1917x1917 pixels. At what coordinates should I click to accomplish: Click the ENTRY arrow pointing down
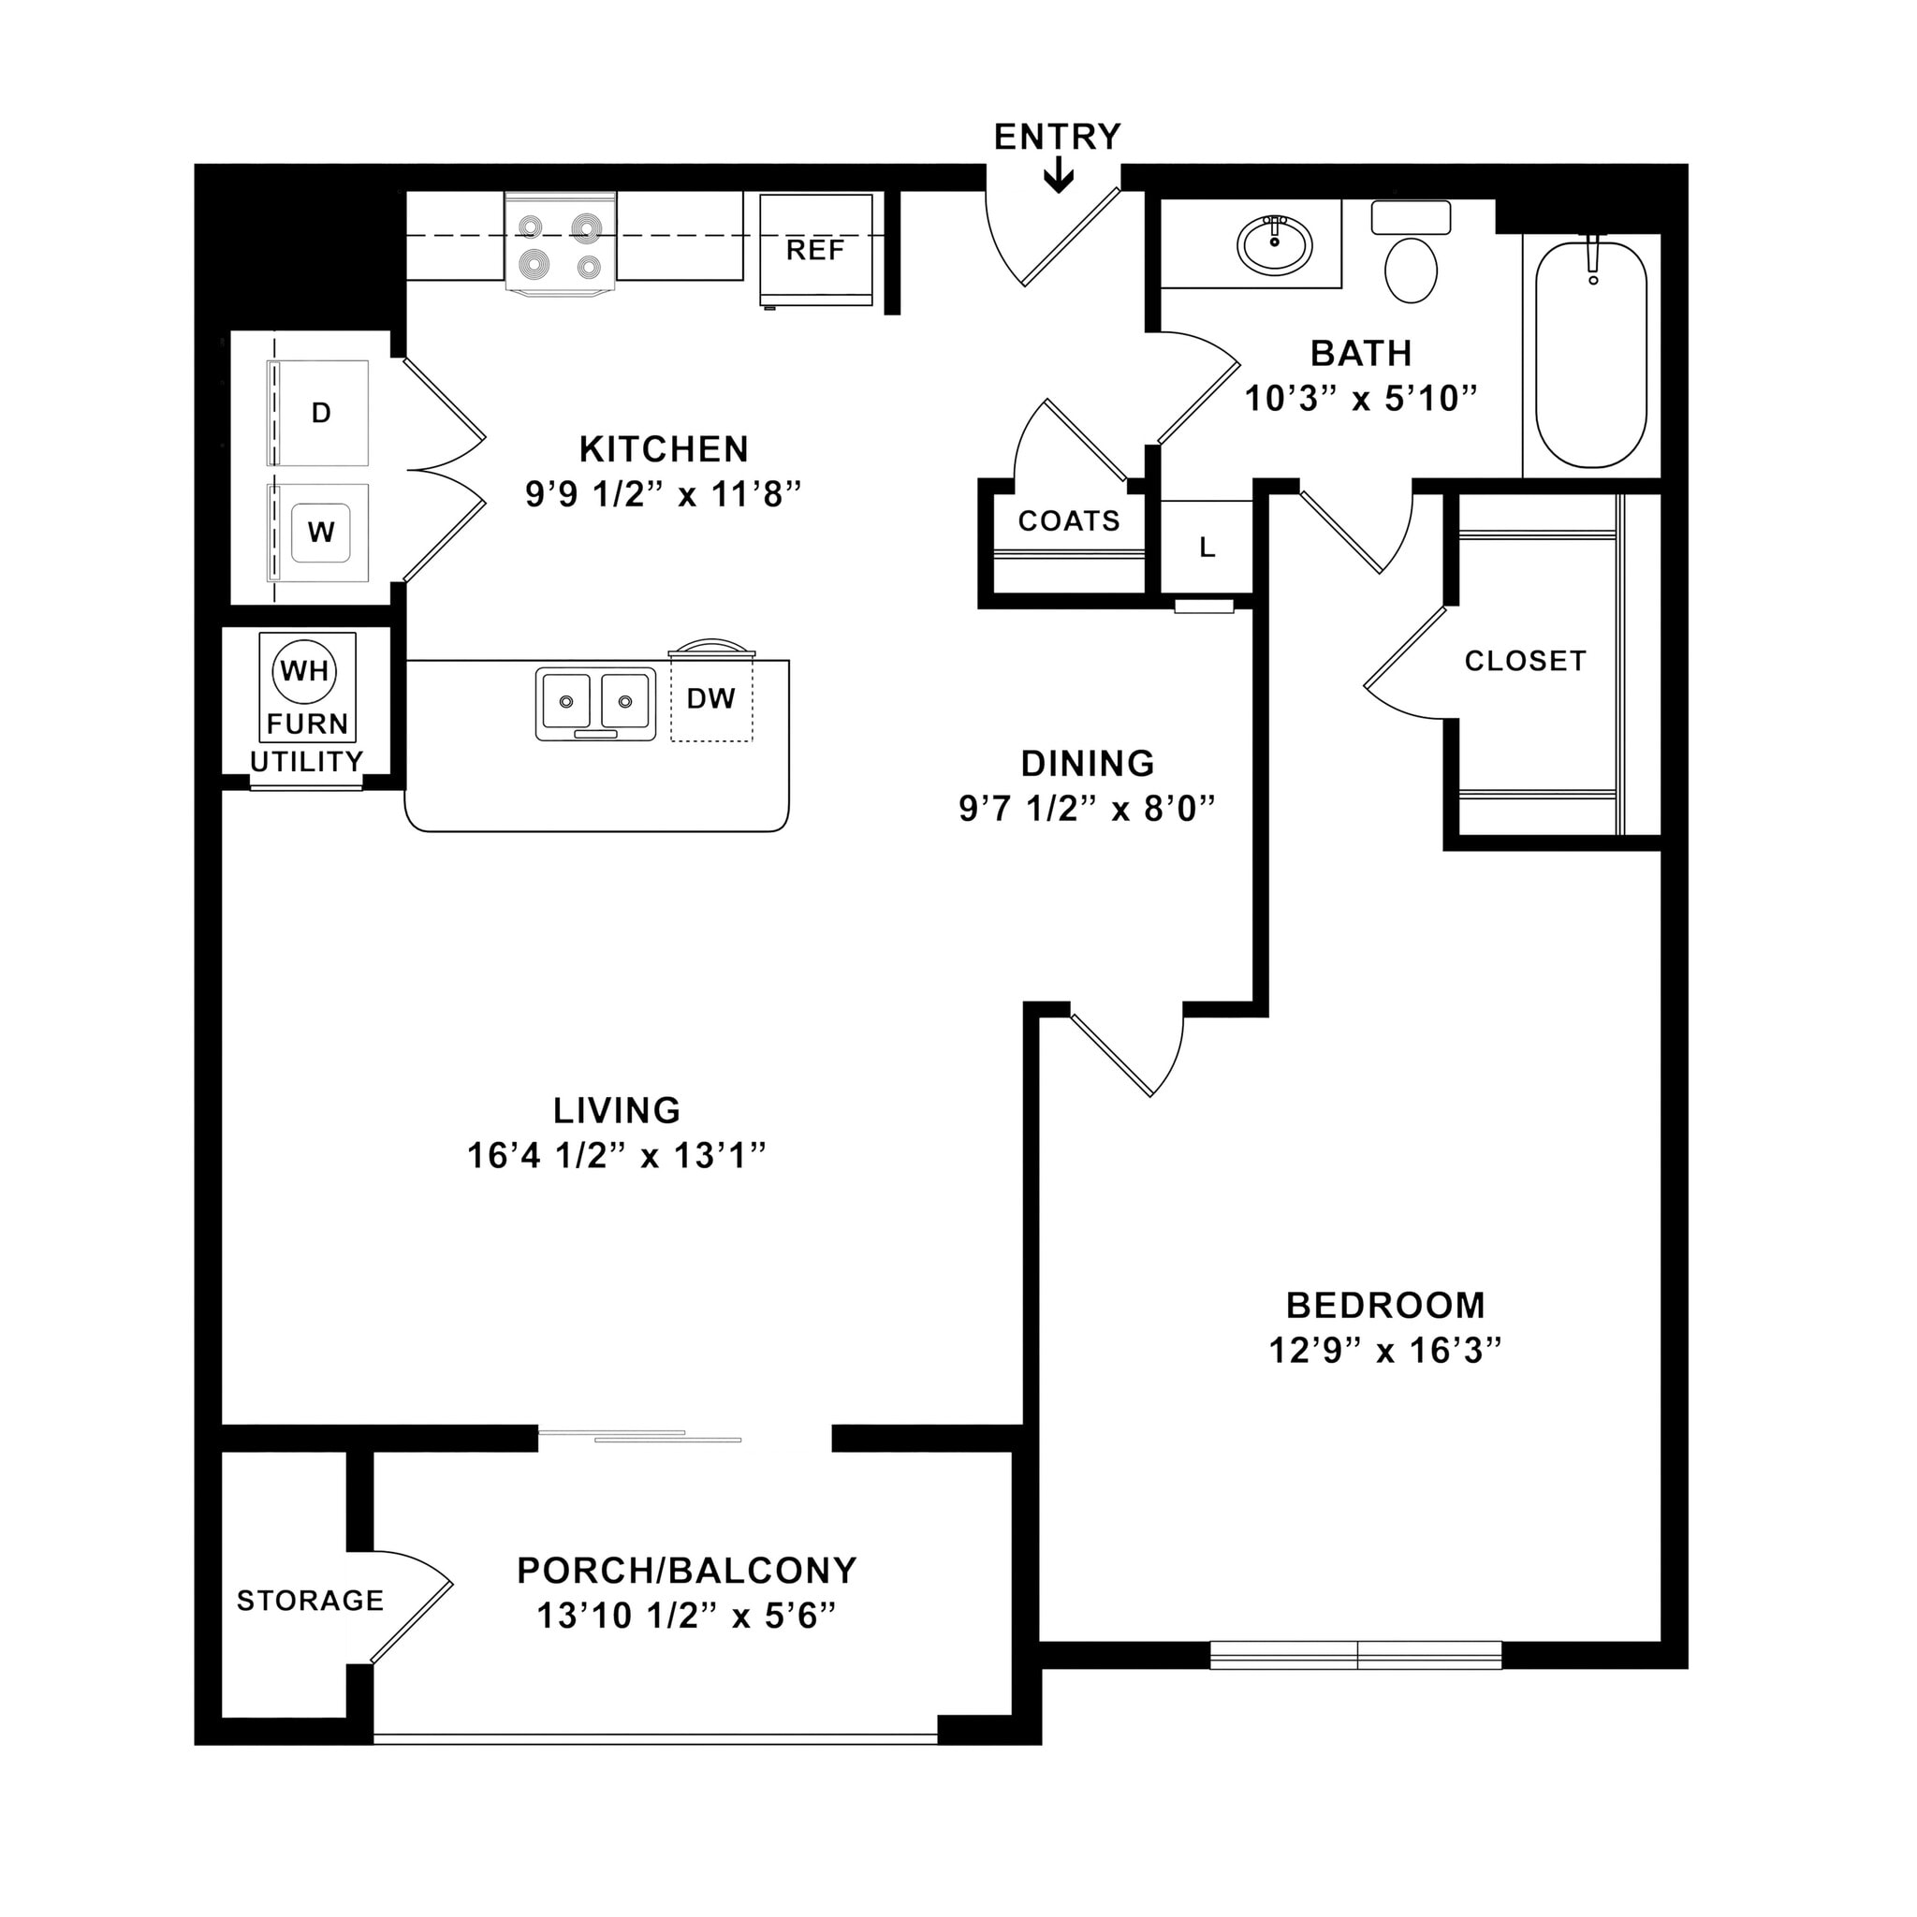pos(1058,178)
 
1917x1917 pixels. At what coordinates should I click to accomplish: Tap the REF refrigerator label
pos(814,249)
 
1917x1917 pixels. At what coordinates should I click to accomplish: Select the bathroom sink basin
pos(1274,244)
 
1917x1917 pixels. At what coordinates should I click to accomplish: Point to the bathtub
pos(1590,355)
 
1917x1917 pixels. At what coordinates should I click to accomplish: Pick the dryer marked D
pos(319,413)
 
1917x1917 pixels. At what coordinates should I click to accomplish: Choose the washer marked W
pos(319,533)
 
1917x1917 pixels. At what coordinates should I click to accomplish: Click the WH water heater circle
pos(304,671)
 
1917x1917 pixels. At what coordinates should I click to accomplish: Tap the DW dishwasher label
pos(710,698)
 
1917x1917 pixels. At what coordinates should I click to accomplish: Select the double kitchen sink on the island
pos(595,703)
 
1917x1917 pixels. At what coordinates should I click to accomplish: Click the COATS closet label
pos(1069,521)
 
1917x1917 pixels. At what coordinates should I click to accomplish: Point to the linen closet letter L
pos(1207,547)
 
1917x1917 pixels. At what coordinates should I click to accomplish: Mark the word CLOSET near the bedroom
pos(1525,661)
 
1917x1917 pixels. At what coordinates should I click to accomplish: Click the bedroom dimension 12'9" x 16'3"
pos(1384,1351)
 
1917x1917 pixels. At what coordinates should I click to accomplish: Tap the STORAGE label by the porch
pos(310,1600)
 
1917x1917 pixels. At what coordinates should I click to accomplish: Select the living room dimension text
pos(616,1155)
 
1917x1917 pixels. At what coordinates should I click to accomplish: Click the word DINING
pos(1088,763)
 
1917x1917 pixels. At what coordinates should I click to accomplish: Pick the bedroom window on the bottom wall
pos(1355,1654)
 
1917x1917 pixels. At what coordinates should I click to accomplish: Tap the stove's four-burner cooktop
pos(561,243)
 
